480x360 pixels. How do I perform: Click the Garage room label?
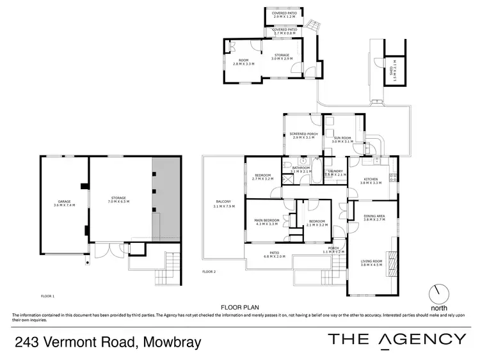coord(62,203)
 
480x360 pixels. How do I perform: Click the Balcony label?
coord(222,205)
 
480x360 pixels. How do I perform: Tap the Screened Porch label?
coord(304,136)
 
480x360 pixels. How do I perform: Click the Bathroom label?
coord(301,169)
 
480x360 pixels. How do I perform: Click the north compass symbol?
coord(440,294)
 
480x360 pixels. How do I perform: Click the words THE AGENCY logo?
coord(397,340)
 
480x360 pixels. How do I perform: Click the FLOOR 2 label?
coord(209,272)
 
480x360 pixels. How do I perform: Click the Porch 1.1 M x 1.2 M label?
coord(333,250)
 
